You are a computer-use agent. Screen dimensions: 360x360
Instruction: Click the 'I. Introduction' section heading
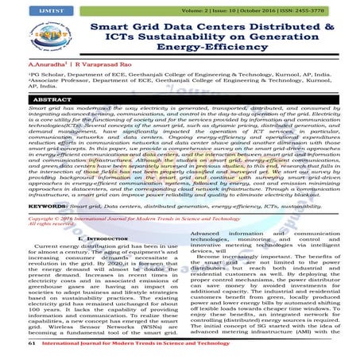[x=88, y=238]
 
